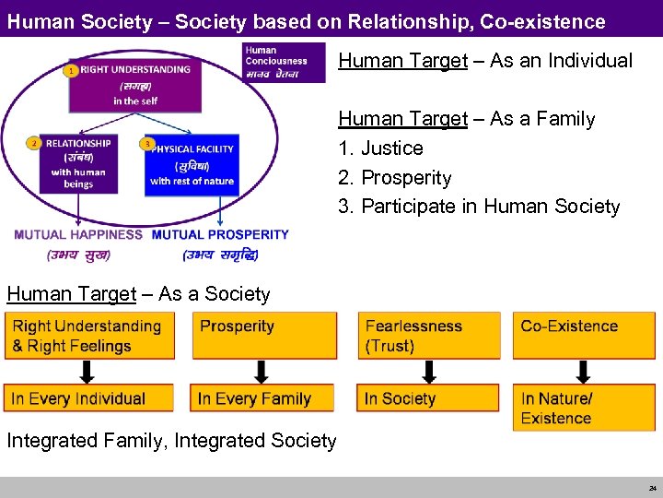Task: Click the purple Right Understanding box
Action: click(134, 84)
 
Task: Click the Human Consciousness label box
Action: click(283, 61)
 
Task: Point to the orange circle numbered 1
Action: click(70, 70)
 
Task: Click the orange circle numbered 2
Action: click(34, 143)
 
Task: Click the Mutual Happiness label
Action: click(78, 235)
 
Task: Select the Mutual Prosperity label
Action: click(220, 235)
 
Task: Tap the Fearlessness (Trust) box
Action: click(429, 336)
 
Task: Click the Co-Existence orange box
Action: click(583, 336)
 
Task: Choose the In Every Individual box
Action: click(88, 398)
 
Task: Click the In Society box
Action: click(429, 398)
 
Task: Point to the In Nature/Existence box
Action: click(583, 408)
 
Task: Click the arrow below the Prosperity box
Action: click(262, 372)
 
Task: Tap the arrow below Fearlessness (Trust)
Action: click(429, 372)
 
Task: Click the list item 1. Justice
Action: click(381, 148)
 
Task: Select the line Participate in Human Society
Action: click(479, 207)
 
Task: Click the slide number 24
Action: click(650, 488)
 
